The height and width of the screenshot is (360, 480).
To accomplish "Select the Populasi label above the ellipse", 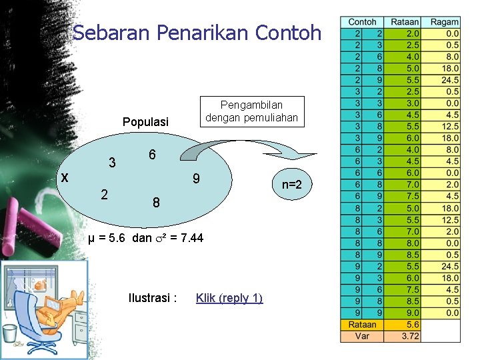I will [x=145, y=122].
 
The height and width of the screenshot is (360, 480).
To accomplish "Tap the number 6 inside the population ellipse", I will [x=152, y=155].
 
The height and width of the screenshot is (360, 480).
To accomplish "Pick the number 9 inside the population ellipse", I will [x=196, y=179].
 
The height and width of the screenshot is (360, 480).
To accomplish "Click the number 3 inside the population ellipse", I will [x=113, y=163].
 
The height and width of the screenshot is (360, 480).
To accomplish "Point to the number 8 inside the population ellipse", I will [x=155, y=202].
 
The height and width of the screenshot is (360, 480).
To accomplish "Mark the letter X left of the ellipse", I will [x=64, y=177].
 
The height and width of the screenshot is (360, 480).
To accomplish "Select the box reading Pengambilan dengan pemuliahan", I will [x=252, y=111].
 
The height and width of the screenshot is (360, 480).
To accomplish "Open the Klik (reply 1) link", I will [x=229, y=298].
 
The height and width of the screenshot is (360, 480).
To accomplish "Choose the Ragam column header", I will [x=444, y=22].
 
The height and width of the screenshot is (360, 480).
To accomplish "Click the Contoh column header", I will [x=363, y=22].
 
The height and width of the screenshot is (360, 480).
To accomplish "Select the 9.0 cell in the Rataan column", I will [x=412, y=312].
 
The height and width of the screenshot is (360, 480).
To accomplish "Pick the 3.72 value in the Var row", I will [x=411, y=336].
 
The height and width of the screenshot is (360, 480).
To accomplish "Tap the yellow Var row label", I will [x=363, y=336].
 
